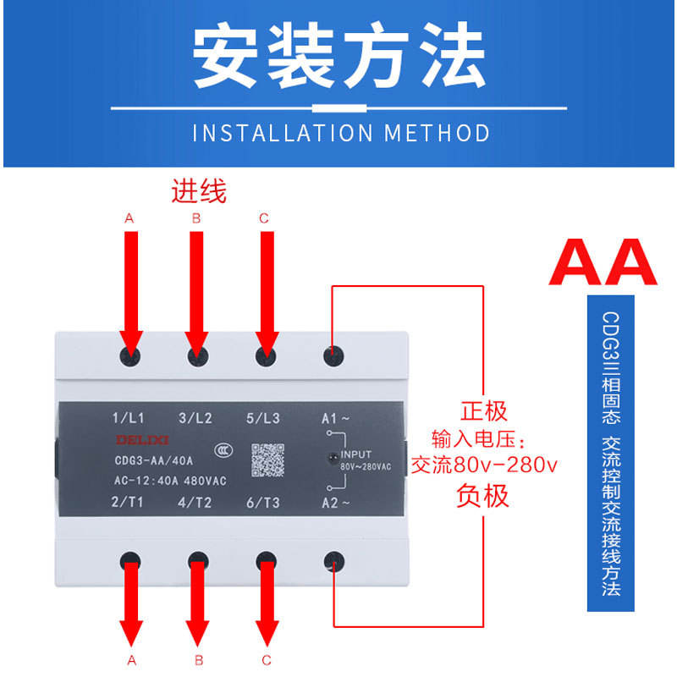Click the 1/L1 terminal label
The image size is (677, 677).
point(129,417)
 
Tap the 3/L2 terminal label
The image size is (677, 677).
point(195,417)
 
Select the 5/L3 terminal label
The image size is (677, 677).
point(263,417)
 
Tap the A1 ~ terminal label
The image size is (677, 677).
point(335,417)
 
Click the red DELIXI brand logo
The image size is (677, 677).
point(136,439)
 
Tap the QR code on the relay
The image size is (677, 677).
point(267,460)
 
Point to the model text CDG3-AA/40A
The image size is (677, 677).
point(153,460)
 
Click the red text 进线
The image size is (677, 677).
point(200,191)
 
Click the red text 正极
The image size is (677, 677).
point(483,411)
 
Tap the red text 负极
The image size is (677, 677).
point(483,495)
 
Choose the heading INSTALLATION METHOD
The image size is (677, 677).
point(340,133)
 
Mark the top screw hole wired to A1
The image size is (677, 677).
point(333,355)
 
